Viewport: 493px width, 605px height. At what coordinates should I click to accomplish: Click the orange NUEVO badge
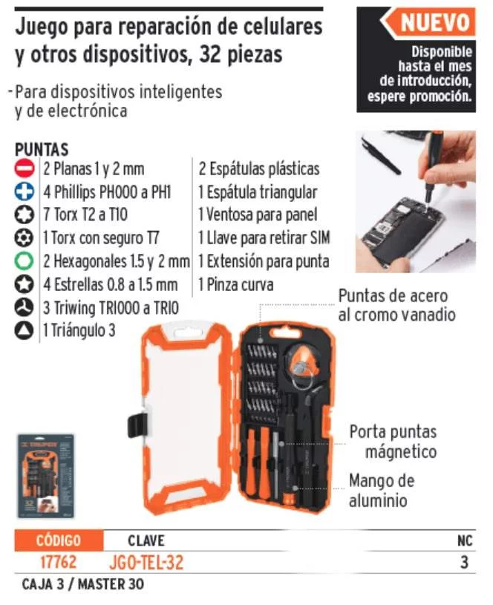[x=428, y=22]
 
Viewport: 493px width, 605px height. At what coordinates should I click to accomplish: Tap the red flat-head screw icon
[x=25, y=169]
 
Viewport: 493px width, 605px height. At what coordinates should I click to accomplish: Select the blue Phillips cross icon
[x=25, y=192]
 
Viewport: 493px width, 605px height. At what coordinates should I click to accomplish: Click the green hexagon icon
[x=25, y=261]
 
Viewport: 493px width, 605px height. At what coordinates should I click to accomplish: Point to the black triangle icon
[x=25, y=330]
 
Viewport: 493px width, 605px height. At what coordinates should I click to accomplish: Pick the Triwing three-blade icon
[x=25, y=307]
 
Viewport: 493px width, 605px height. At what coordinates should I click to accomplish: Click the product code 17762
[x=59, y=562]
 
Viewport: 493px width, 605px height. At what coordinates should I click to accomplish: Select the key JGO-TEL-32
[x=146, y=563]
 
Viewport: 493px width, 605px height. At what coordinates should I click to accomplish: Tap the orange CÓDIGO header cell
[x=59, y=540]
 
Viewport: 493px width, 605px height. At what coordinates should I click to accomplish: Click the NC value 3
[x=465, y=562]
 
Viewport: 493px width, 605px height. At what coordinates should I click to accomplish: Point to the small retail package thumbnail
[x=45, y=476]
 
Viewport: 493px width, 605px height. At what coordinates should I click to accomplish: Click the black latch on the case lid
[x=138, y=425]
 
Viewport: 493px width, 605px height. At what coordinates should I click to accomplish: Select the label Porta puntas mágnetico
[x=394, y=442]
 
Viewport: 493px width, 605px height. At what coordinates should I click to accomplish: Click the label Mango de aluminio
[x=382, y=491]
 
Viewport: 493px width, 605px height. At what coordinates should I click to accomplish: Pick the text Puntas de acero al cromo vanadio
[x=397, y=305]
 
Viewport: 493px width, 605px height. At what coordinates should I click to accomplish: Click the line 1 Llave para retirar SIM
[x=264, y=238]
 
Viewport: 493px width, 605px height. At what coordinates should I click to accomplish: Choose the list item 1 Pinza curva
[x=236, y=285]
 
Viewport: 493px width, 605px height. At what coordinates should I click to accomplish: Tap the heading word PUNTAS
[x=42, y=149]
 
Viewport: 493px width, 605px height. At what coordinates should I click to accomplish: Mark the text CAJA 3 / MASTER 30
[x=82, y=584]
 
